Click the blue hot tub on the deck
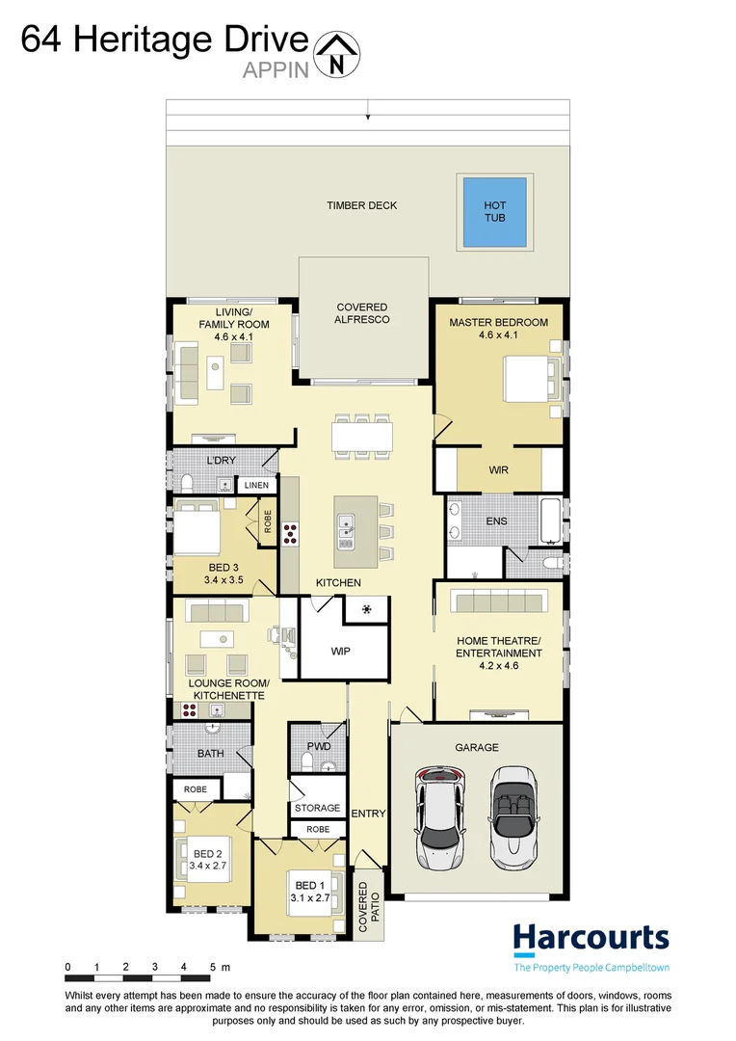point(494,212)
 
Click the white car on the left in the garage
point(439,814)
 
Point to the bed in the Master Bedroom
point(528,377)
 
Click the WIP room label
point(340,652)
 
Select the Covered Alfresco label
point(362,313)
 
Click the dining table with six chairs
point(362,435)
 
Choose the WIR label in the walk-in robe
point(498,470)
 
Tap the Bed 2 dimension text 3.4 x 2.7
point(207,867)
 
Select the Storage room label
point(317,808)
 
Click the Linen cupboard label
point(256,485)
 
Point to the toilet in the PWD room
point(306,762)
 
